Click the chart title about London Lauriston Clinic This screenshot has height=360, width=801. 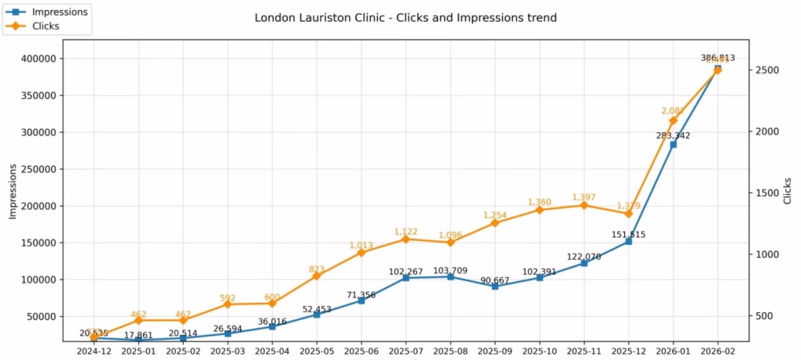(405, 17)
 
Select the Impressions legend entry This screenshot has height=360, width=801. (59, 12)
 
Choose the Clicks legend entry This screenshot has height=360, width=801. (45, 26)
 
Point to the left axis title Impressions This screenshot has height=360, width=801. (13, 192)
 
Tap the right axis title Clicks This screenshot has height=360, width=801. (788, 192)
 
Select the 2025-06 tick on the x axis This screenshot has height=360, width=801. (361, 351)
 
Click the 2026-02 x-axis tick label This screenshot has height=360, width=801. (717, 351)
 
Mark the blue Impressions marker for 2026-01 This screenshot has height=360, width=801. (673, 144)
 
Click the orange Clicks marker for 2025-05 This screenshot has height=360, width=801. (317, 276)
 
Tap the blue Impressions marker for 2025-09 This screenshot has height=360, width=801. (495, 286)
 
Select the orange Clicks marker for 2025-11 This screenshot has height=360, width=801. (584, 205)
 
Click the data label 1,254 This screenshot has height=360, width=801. (495, 214)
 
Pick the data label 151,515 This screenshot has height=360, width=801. (629, 234)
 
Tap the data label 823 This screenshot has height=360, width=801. (317, 268)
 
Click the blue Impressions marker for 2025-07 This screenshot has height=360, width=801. (406, 278)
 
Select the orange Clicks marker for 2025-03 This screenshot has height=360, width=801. (228, 304)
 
